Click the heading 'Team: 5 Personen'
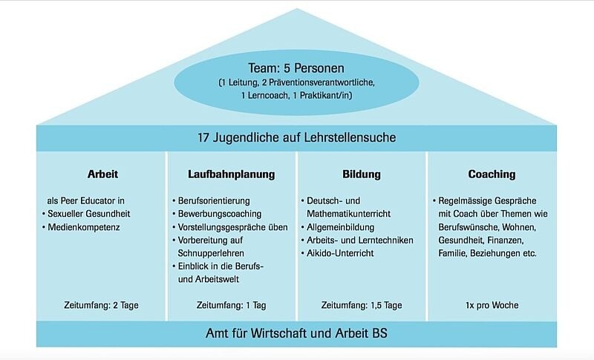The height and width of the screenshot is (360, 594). (x=296, y=68)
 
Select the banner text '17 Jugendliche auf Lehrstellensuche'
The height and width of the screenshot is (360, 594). (x=296, y=137)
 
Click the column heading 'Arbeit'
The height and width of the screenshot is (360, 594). (x=102, y=174)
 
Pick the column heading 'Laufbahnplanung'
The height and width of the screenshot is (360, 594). (x=232, y=174)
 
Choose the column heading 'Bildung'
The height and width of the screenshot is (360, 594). (x=362, y=174)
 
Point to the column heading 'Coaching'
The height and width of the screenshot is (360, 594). (x=492, y=174)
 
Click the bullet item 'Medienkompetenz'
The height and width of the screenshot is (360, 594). (x=84, y=227)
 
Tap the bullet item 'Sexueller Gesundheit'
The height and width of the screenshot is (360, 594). (x=88, y=214)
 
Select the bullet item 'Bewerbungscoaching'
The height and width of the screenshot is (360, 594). (x=220, y=214)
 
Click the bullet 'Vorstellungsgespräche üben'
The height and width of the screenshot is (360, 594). (x=232, y=227)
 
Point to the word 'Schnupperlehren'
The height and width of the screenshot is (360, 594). (x=211, y=253)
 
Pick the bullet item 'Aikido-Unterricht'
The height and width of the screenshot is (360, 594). (x=340, y=253)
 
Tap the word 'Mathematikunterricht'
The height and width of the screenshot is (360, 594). (x=348, y=214)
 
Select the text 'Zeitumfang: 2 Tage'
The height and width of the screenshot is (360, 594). (x=101, y=305)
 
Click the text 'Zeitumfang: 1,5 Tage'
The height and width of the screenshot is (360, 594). (x=362, y=305)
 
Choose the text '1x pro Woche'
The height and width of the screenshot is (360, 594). (x=492, y=305)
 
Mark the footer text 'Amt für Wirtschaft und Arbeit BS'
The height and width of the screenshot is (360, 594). (x=296, y=333)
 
